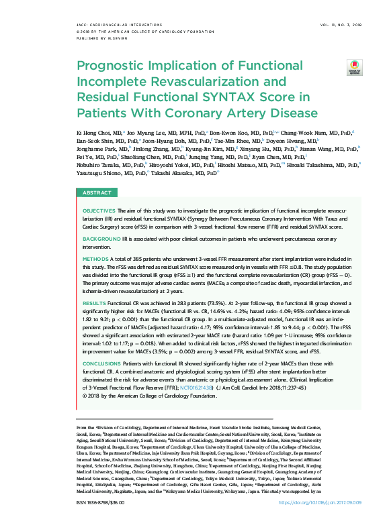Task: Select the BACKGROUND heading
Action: tap(102, 239)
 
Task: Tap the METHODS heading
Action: tap(95, 258)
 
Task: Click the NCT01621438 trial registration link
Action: tap(197, 388)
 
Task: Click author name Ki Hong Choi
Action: tap(93, 133)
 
